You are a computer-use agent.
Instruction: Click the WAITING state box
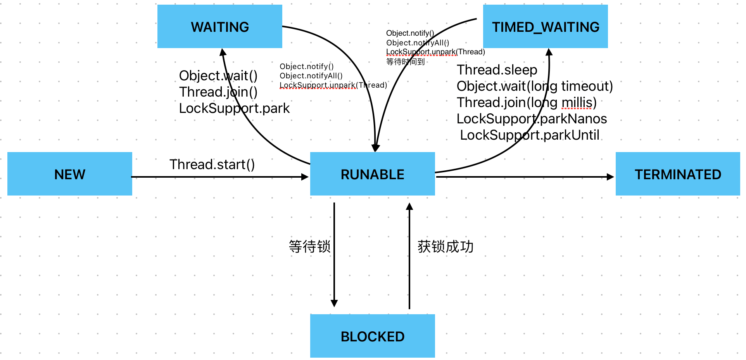pyautogui.click(x=219, y=26)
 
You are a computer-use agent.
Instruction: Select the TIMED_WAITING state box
pyautogui.click(x=545, y=26)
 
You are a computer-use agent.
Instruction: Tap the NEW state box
pyautogui.click(x=70, y=174)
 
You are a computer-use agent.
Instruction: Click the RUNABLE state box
pyautogui.click(x=372, y=174)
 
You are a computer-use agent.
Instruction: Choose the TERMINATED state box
pyautogui.click(x=678, y=174)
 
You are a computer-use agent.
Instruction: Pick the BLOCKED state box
pyautogui.click(x=372, y=336)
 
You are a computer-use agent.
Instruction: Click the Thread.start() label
pyautogui.click(x=212, y=164)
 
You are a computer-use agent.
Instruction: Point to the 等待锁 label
pyautogui.click(x=309, y=246)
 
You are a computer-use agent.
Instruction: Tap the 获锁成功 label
pyautogui.click(x=446, y=246)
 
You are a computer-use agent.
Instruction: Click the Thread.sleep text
pyautogui.click(x=497, y=70)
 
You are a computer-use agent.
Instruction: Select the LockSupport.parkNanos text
pyautogui.click(x=532, y=119)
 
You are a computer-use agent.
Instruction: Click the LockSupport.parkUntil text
pyautogui.click(x=530, y=135)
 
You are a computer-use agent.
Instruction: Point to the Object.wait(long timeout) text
pyautogui.click(x=535, y=86)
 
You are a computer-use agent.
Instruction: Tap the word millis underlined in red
pyautogui.click(x=577, y=102)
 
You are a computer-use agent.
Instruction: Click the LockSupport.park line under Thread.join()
pyautogui.click(x=234, y=108)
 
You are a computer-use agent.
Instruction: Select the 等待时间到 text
pyautogui.click(x=405, y=62)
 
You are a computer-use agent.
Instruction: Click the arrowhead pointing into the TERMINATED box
pyautogui.click(x=610, y=177)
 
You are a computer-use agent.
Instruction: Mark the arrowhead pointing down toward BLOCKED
pyautogui.click(x=334, y=303)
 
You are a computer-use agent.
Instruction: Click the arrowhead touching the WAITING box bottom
pyautogui.click(x=223, y=52)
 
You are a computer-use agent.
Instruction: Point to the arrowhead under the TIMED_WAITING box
pyautogui.click(x=549, y=52)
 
